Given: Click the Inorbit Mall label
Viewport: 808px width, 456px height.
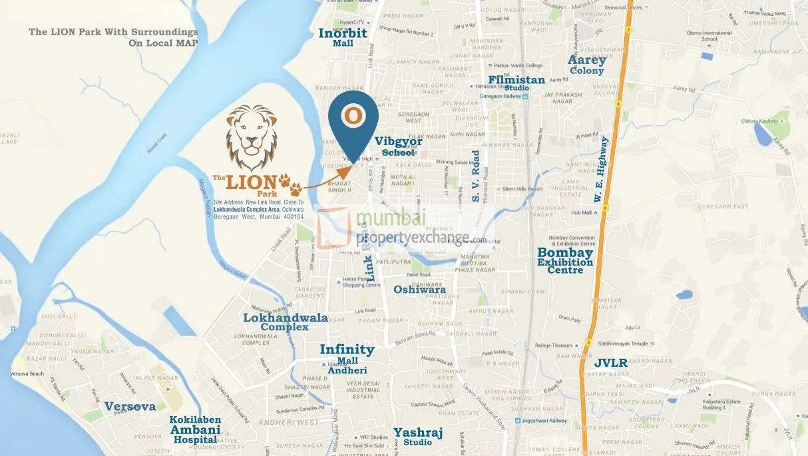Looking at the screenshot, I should [x=343, y=37].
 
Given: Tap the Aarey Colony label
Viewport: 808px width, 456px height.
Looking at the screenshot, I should [x=586, y=65].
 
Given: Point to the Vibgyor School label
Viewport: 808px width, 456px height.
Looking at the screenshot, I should [x=399, y=146].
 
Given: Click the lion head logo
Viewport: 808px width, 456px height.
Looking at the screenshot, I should [x=252, y=136].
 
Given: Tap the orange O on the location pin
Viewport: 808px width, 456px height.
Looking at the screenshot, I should [x=353, y=116].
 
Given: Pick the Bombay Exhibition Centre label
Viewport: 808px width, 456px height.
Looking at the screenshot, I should [x=565, y=260].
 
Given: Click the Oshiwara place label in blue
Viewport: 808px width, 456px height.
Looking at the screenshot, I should [x=419, y=290].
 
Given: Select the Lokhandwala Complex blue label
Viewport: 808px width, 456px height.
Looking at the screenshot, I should [x=285, y=322].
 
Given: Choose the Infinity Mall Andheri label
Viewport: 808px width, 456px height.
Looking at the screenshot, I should [x=347, y=358].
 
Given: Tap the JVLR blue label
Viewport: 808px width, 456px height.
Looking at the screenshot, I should [x=611, y=363].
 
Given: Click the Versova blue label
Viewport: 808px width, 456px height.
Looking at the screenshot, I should [x=130, y=406].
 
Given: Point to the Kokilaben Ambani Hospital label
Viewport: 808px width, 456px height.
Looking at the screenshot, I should [x=194, y=429].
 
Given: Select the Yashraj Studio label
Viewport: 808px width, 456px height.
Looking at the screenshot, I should [x=417, y=436].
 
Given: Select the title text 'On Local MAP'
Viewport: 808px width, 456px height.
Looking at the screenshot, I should [x=163, y=43].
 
